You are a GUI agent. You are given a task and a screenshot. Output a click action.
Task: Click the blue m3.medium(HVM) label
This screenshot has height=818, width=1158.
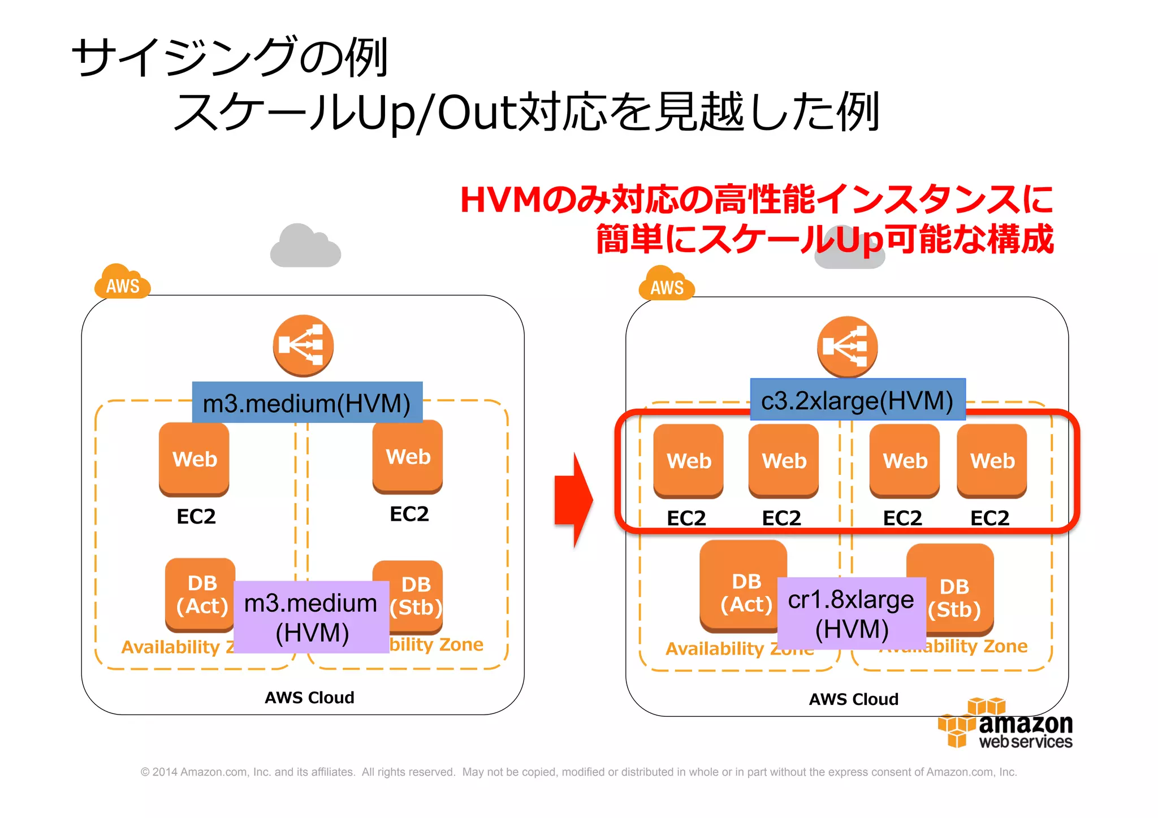(307, 402)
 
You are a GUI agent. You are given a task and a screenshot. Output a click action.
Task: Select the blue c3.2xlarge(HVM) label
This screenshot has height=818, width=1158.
(857, 400)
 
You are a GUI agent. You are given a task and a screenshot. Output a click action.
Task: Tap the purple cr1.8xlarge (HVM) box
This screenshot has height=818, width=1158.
(851, 614)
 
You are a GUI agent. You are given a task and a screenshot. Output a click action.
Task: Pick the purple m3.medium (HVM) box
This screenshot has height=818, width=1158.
(311, 617)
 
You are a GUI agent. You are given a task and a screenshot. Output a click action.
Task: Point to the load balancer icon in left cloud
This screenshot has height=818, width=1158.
(303, 345)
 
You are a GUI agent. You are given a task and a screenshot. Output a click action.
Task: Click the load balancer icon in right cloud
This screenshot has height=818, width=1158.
(847, 347)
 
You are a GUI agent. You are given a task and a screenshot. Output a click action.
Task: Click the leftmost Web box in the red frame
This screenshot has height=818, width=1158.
(688, 460)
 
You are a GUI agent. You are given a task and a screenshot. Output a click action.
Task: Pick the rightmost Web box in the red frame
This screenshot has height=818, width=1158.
(992, 460)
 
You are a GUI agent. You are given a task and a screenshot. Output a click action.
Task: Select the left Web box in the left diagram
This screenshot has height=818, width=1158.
(194, 458)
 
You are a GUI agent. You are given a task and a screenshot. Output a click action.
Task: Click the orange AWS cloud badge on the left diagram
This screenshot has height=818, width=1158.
(122, 283)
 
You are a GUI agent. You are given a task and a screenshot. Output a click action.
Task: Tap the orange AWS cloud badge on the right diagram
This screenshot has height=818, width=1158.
(666, 284)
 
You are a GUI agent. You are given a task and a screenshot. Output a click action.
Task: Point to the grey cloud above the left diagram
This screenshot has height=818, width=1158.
(305, 246)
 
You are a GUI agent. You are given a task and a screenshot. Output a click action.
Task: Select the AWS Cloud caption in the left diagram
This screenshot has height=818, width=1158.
(309, 697)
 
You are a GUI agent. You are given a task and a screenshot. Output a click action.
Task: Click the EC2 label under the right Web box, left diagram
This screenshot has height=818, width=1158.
(409, 514)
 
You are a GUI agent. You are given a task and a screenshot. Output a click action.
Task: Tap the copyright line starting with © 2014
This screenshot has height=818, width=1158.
(578, 772)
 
